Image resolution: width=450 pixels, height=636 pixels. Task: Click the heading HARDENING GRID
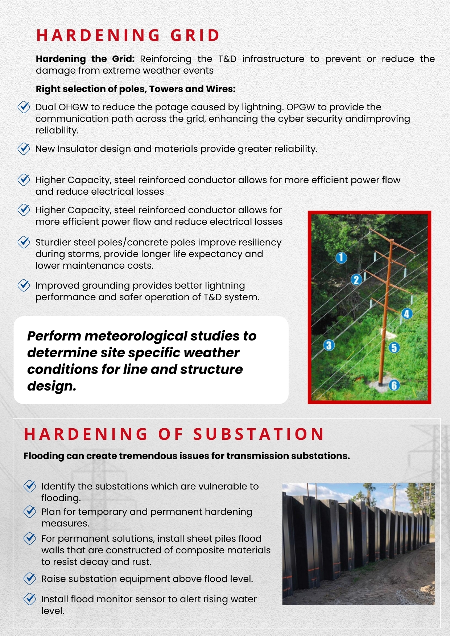pos(128,36)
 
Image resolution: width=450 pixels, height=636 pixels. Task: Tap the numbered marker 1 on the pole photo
pos(341,258)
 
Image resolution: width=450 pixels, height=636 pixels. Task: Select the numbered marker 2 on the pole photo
pos(356,280)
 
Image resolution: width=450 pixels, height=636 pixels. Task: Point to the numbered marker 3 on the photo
pos(329,345)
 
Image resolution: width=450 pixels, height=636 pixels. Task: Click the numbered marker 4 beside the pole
pos(406,314)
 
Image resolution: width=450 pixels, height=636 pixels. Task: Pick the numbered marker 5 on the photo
pos(394,348)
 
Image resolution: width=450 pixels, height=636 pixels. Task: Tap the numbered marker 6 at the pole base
pos(394,385)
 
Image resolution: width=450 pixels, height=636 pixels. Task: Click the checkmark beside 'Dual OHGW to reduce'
pos(24,107)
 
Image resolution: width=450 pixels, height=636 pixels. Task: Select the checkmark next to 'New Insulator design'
pos(24,149)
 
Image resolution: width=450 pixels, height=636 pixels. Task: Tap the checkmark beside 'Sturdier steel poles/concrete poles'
pos(24,242)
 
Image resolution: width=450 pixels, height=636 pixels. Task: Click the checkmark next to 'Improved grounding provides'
pos(24,285)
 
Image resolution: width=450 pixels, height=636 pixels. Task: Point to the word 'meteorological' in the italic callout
pos(137,336)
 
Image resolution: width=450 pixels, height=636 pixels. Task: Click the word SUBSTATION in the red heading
pos(259,434)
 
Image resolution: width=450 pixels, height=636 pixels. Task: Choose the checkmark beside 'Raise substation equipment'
pos(30,579)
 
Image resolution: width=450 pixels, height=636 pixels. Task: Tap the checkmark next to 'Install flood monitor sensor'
pos(30,599)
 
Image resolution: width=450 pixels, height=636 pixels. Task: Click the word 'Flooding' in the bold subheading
pos(44,456)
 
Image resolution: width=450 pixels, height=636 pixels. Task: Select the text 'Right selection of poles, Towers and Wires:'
pos(136,89)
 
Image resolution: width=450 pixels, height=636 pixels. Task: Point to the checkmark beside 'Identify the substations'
pos(30,486)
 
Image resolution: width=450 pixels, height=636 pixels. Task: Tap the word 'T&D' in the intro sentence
pos(227,59)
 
